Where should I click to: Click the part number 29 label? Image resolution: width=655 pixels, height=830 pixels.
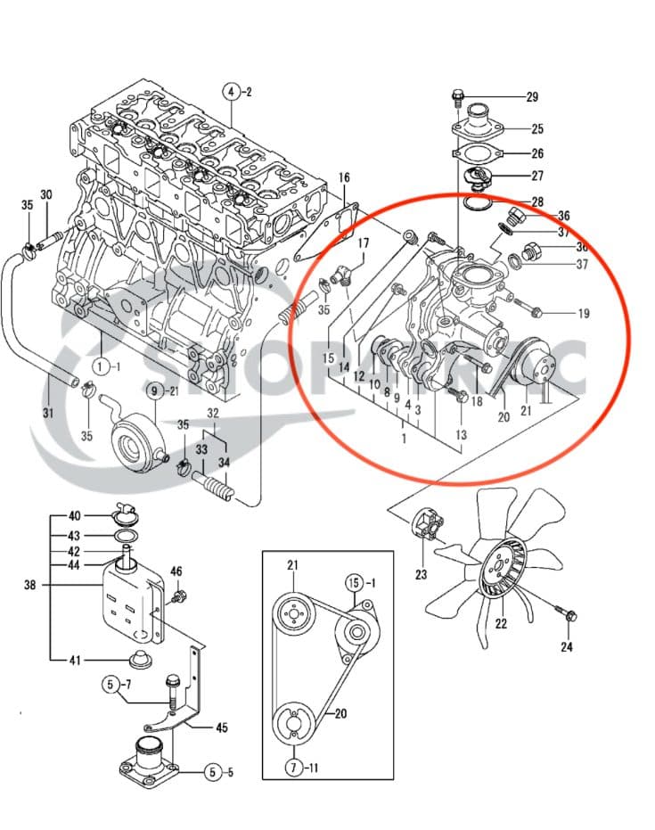(x=532, y=96)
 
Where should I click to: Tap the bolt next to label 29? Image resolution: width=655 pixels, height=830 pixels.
(x=459, y=96)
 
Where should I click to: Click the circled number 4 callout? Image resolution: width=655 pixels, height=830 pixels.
(x=231, y=92)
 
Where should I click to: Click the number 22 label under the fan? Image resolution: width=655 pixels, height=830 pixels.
(x=501, y=624)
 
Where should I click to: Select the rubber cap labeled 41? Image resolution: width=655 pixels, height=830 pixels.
(x=139, y=661)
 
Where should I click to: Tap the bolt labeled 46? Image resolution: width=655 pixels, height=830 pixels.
(x=181, y=595)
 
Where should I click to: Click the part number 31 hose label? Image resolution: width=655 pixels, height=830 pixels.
(x=47, y=412)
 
